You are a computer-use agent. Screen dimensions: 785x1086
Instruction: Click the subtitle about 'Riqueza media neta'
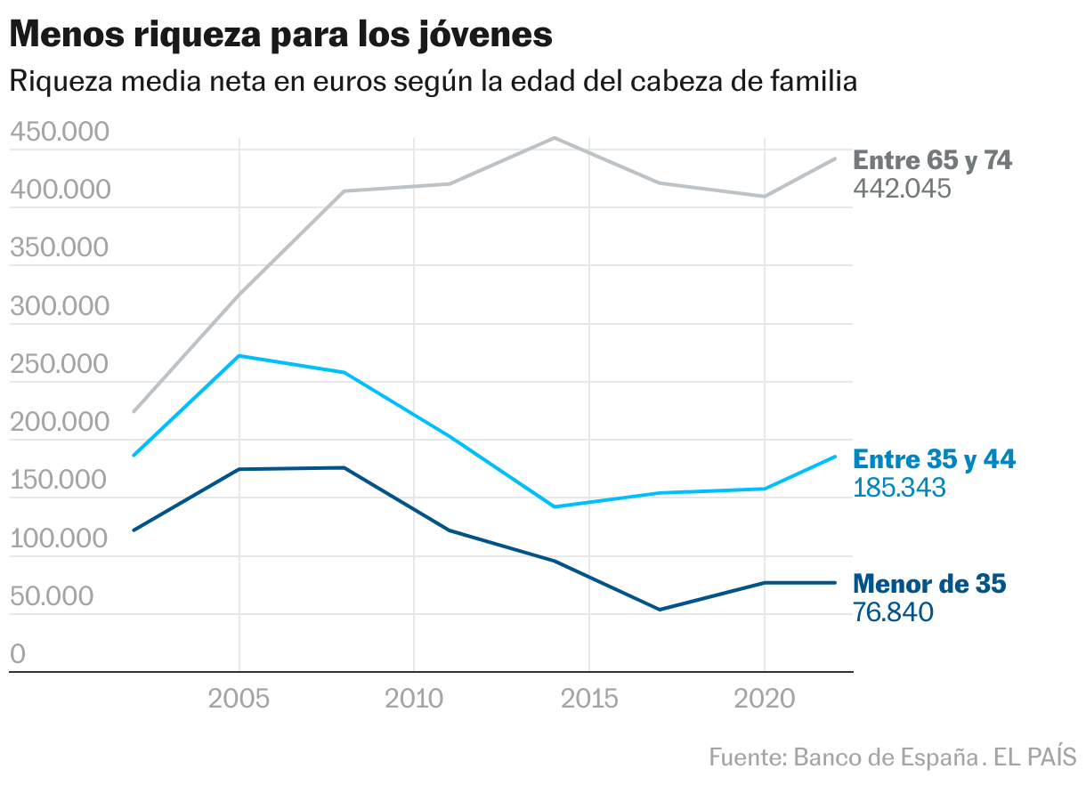click(433, 82)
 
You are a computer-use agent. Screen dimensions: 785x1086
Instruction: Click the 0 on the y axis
click(18, 655)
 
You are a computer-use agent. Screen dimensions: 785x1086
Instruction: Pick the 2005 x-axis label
click(239, 699)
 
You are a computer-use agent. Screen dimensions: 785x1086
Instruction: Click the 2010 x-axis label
click(414, 699)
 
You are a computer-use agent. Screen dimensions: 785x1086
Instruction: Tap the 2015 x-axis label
click(589, 699)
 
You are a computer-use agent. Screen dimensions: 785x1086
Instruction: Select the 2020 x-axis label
click(765, 699)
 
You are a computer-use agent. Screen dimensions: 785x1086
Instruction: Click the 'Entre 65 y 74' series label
click(933, 160)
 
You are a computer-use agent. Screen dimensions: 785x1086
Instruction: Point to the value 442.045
click(903, 189)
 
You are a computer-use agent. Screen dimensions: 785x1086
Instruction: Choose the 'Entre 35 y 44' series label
click(934, 459)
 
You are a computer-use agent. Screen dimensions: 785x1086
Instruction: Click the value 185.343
click(899, 488)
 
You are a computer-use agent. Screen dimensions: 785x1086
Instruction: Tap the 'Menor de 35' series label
click(929, 584)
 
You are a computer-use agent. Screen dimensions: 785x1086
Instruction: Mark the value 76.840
click(893, 612)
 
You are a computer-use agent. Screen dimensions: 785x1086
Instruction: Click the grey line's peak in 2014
click(554, 138)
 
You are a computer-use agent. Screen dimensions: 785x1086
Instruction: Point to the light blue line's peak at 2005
click(239, 356)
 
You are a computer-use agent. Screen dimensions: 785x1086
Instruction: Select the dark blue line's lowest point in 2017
click(660, 610)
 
